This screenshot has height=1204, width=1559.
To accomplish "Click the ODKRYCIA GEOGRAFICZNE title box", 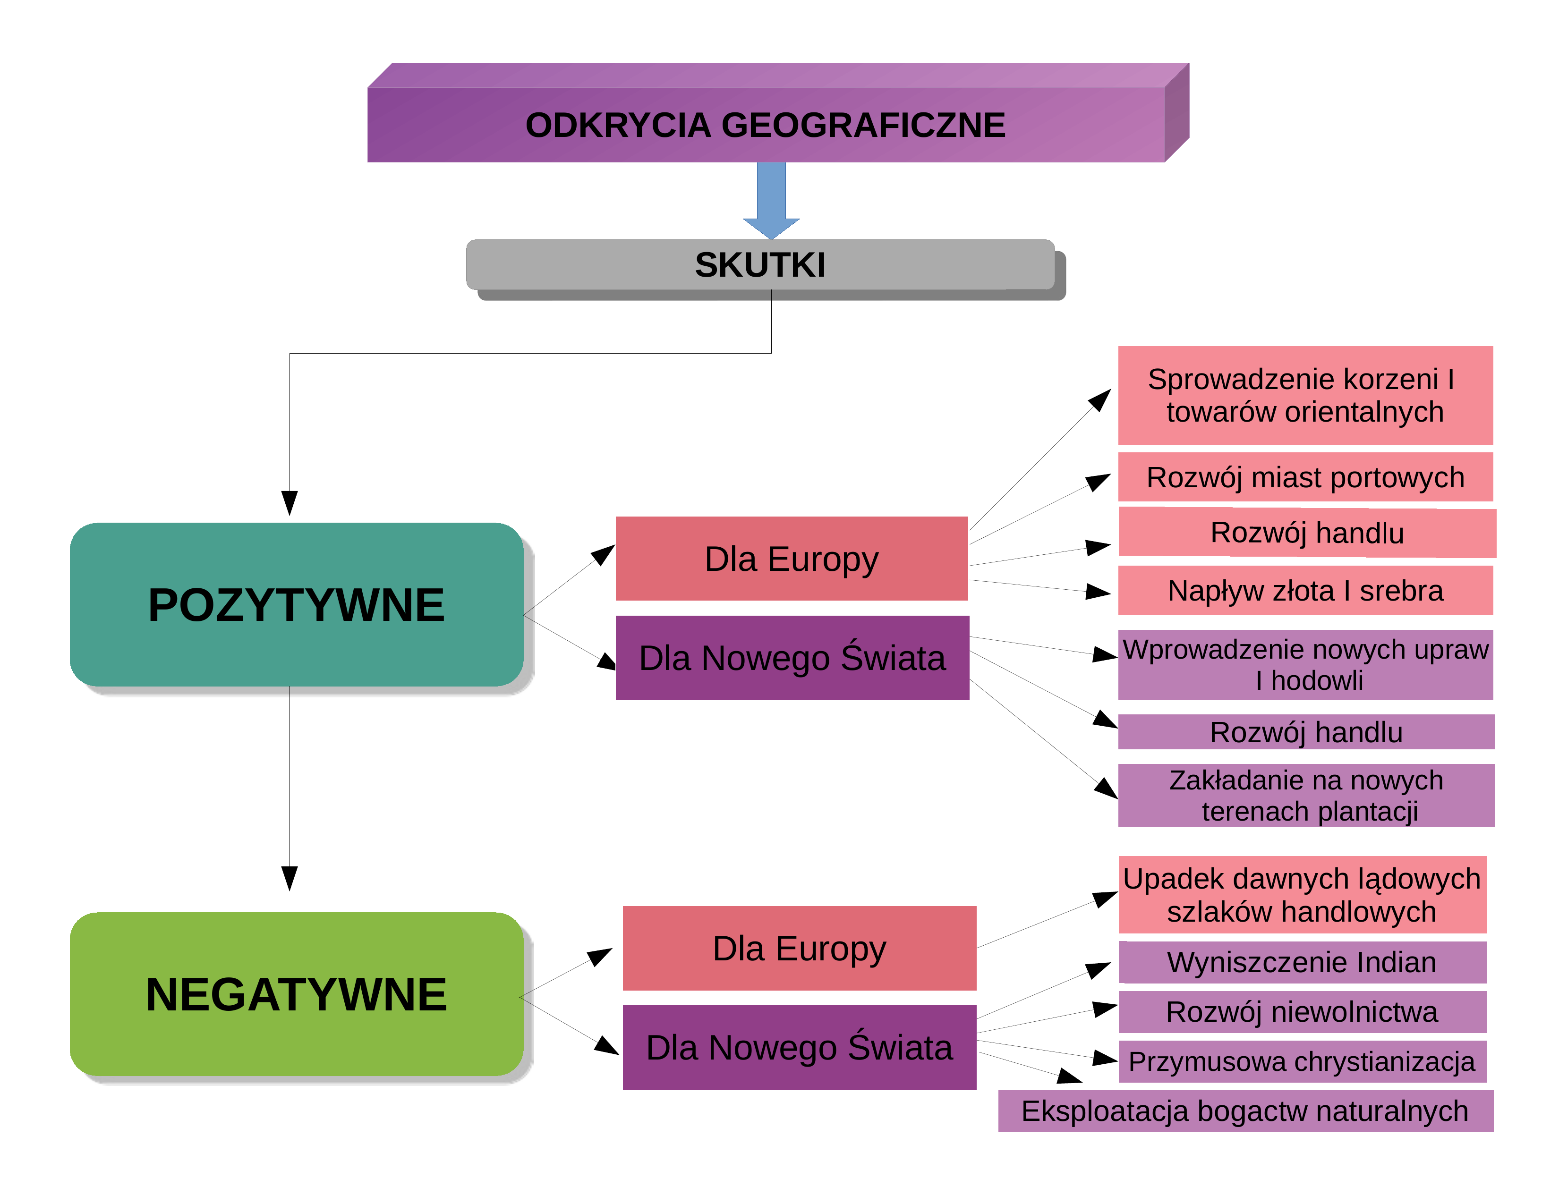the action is [x=778, y=113].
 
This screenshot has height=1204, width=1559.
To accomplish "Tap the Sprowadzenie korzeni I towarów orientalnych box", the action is [x=1305, y=395].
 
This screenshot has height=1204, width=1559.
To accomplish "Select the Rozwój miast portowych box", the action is [x=1305, y=477].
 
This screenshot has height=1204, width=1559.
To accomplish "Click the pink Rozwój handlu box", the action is [x=1307, y=533].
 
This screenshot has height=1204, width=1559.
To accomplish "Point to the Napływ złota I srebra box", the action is [x=1305, y=590].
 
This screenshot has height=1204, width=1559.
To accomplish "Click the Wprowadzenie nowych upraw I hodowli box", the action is [x=1305, y=664].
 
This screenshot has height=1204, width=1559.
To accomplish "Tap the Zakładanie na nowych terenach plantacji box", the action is [x=1306, y=796].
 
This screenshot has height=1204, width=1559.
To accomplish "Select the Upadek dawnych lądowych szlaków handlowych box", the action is [x=1303, y=895].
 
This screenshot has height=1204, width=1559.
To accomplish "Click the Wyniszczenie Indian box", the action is [x=1303, y=962].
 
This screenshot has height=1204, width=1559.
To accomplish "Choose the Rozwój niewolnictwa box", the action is [x=1303, y=1012].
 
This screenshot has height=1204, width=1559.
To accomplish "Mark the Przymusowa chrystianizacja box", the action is [x=1303, y=1061].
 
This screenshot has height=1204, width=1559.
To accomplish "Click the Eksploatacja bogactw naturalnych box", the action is [x=1245, y=1111].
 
